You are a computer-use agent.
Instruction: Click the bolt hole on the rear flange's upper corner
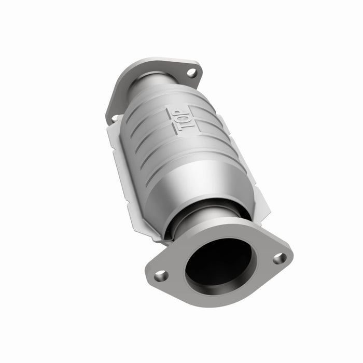pyautogui.click(x=192, y=73)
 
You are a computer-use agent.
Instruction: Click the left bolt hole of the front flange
pyautogui.click(x=161, y=275)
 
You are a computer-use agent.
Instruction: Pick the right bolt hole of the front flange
pyautogui.click(x=280, y=258)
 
